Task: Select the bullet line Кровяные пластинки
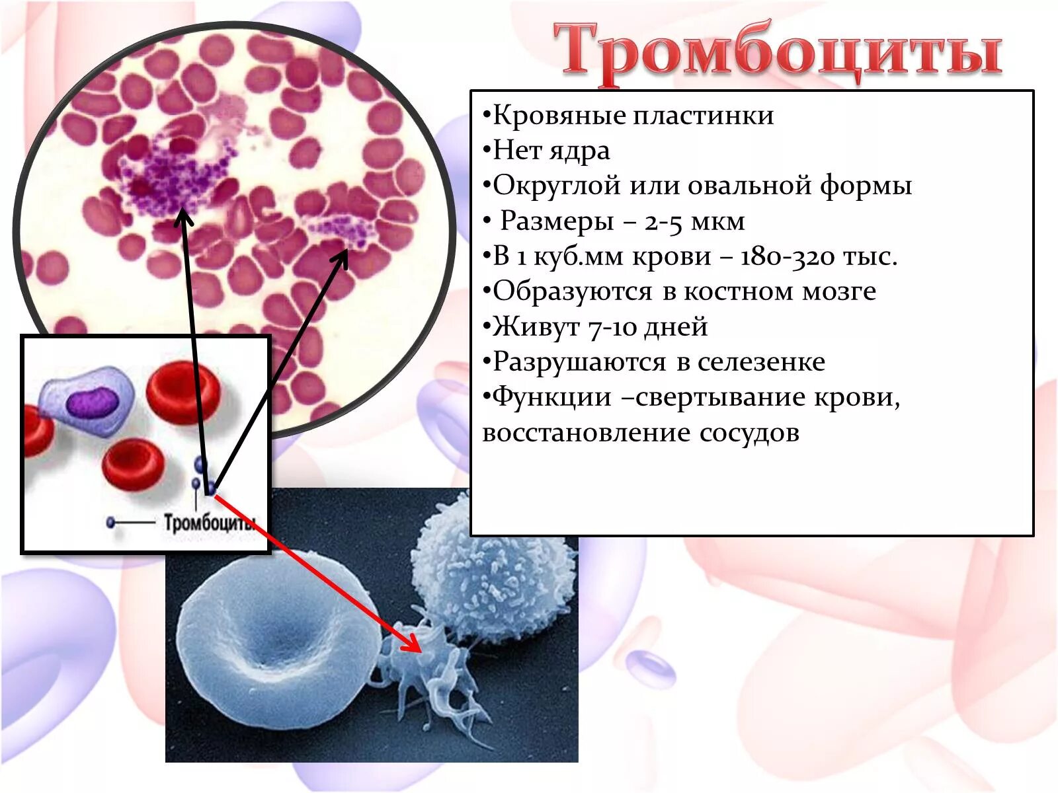tap(633, 116)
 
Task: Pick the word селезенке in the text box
tap(761, 362)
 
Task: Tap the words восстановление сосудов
tap(641, 433)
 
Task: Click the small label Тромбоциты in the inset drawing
tap(210, 523)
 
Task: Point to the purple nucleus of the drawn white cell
tap(93, 402)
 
